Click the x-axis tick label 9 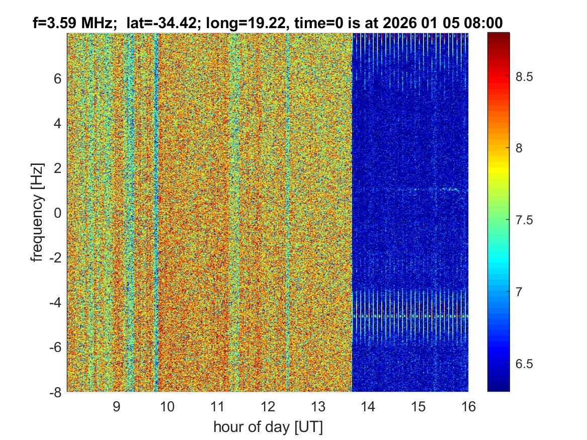117,406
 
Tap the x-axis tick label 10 167,406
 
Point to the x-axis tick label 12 268,406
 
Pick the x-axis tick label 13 318,406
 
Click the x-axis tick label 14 368,406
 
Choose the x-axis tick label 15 418,406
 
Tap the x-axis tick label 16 468,406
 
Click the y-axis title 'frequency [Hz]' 37,212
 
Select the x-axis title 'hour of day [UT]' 268,427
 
